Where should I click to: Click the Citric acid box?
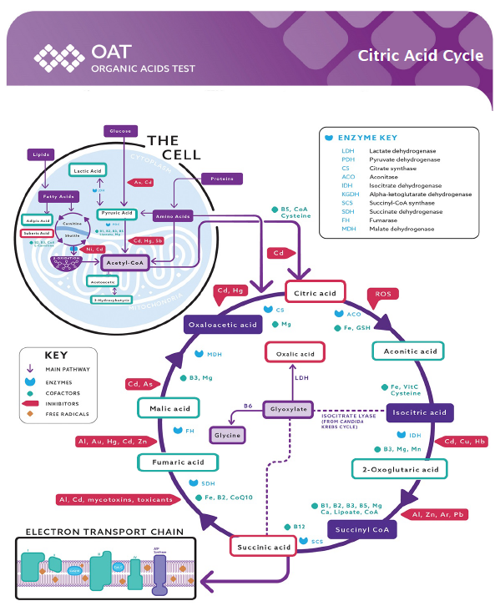(316, 292)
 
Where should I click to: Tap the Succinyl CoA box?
(361, 529)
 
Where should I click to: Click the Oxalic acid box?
(295, 353)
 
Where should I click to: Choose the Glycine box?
(226, 436)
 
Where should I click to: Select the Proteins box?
(222, 178)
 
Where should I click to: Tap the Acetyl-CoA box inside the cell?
(126, 262)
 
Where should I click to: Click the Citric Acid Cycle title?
(420, 56)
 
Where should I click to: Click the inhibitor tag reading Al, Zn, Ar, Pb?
(438, 514)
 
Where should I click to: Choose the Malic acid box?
(170, 409)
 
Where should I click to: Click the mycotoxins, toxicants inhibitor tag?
(115, 499)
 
